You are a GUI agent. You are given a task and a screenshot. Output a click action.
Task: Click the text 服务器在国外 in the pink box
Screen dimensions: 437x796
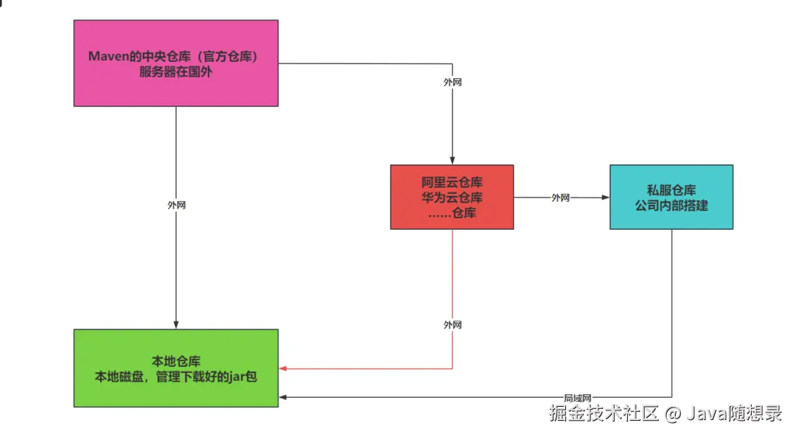tap(176, 72)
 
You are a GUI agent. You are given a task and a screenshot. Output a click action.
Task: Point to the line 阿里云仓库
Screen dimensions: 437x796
tap(453, 181)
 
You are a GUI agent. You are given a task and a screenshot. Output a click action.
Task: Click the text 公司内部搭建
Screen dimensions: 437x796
tap(671, 206)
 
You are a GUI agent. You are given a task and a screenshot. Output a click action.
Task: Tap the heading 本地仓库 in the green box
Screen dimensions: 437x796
tap(176, 361)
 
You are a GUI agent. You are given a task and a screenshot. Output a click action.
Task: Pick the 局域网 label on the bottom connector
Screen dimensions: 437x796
tap(578, 397)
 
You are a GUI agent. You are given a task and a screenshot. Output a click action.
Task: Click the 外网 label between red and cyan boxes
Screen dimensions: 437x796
tap(561, 197)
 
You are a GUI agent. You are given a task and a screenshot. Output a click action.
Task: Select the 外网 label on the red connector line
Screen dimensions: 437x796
tap(453, 324)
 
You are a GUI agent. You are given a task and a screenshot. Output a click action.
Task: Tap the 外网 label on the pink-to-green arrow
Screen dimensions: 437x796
tap(176, 205)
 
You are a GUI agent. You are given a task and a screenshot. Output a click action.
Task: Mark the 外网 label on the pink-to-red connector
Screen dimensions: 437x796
tap(453, 83)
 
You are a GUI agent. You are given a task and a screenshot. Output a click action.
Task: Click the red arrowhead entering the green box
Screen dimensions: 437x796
tap(283, 368)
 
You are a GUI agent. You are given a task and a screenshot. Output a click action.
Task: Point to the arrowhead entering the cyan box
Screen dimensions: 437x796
tap(606, 197)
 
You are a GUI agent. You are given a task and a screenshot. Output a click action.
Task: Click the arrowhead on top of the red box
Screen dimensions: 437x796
tap(453, 161)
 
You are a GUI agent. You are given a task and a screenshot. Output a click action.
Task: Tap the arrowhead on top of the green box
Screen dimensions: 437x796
tap(176, 325)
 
